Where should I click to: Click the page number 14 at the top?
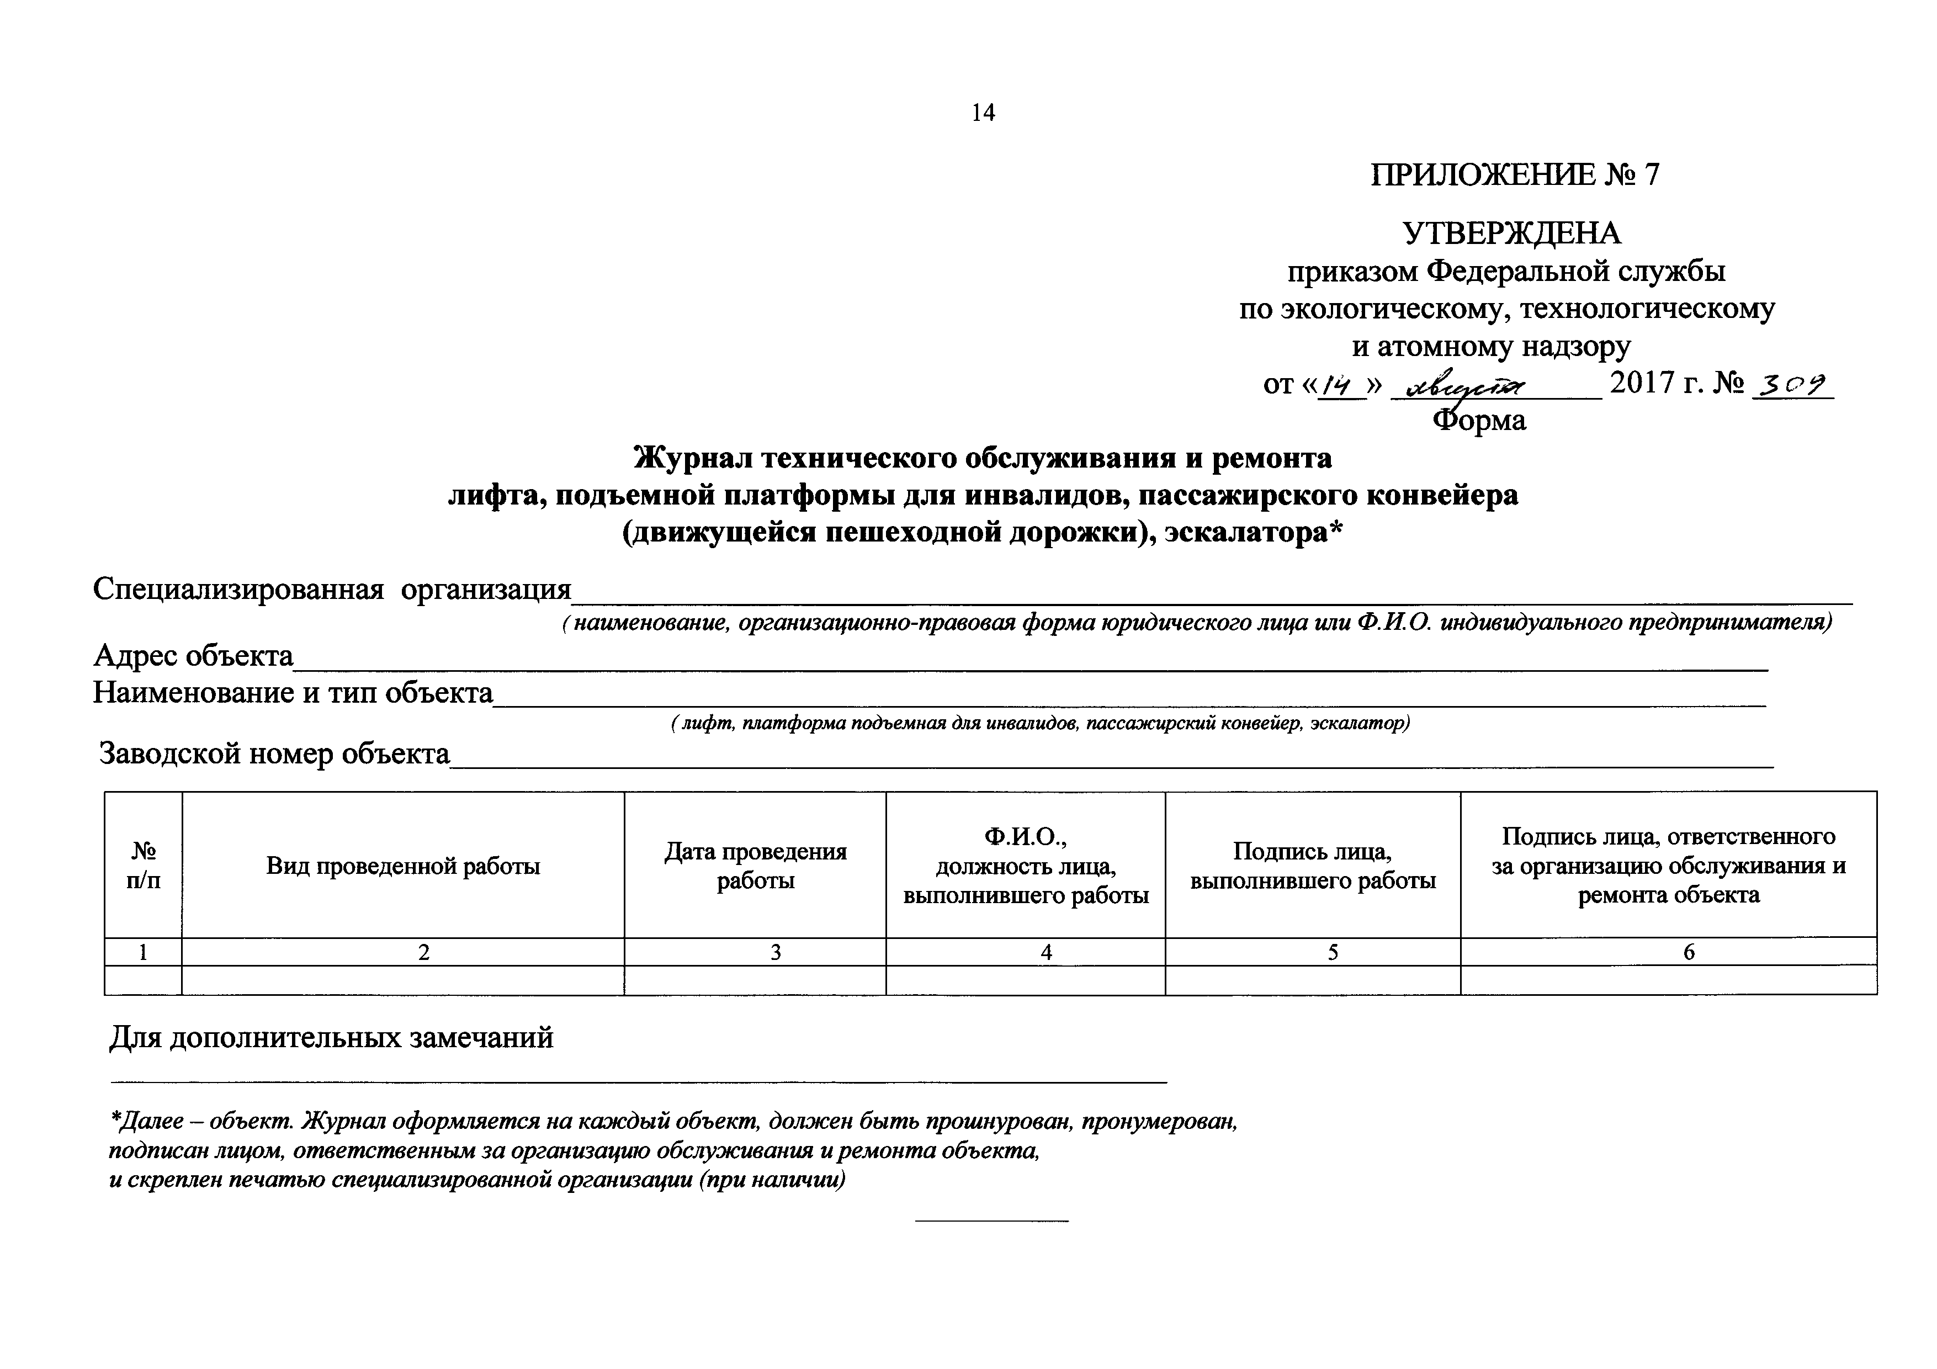pyautogui.click(x=983, y=113)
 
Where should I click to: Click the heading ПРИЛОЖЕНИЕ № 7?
pyautogui.click(x=1514, y=174)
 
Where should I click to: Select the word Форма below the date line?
pyautogui.click(x=1480, y=420)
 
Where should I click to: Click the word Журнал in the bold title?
pyautogui.click(x=693, y=458)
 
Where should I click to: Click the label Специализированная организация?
pyautogui.click(x=332, y=589)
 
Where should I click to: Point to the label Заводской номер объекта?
pyautogui.click(x=275, y=754)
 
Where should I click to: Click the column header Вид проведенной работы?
pyautogui.click(x=404, y=866)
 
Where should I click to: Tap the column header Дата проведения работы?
pyautogui.click(x=755, y=866)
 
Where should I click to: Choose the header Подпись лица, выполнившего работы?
pyautogui.click(x=1313, y=866)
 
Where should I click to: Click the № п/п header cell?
pyautogui.click(x=144, y=866)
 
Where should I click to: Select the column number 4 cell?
pyautogui.click(x=1046, y=952)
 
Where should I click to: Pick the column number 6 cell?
pyautogui.click(x=1689, y=952)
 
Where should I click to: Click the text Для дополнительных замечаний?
pyautogui.click(x=332, y=1037)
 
